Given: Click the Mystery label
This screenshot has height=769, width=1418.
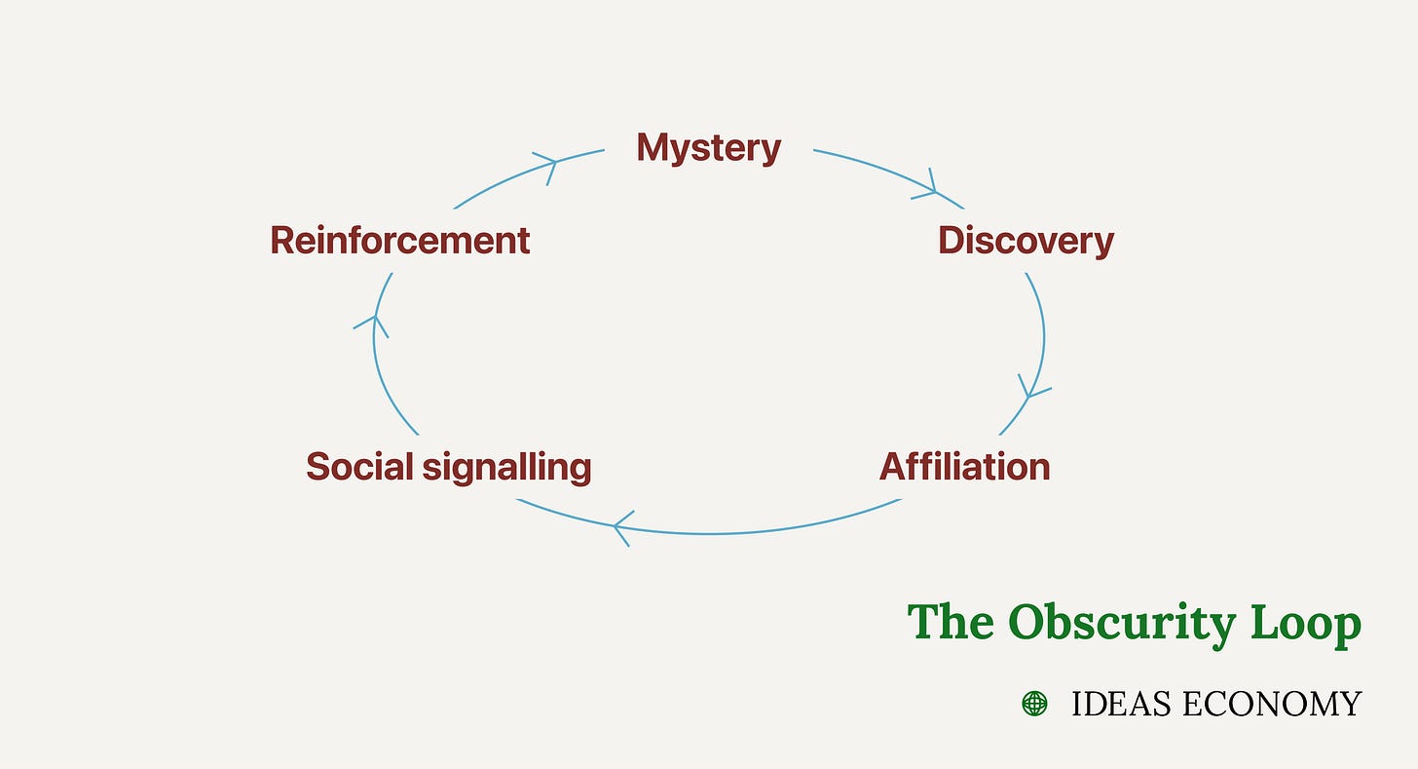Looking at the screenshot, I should [x=708, y=148].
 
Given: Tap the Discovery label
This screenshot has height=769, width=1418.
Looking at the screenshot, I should [x=1026, y=241].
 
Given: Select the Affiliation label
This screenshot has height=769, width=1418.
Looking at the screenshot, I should [x=964, y=467].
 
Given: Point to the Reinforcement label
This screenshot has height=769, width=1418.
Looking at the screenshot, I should [x=399, y=241].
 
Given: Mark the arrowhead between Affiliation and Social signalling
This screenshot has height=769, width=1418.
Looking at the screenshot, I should [x=620, y=527].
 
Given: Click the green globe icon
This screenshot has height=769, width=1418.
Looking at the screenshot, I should [x=1034, y=703].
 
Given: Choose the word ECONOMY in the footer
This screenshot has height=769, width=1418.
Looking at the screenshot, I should [x=1271, y=704].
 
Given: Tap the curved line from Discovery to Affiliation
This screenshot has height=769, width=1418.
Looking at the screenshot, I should [x=1043, y=322].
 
